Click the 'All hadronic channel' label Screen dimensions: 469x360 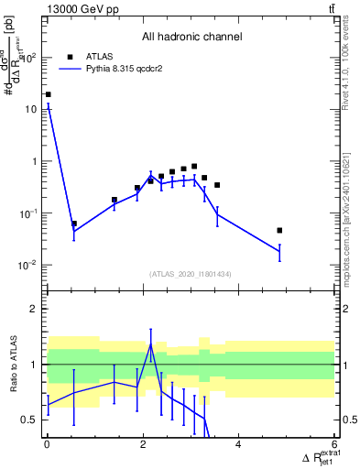[191, 38]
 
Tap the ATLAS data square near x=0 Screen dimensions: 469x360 [48, 94]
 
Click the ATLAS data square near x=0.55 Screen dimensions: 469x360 [73, 224]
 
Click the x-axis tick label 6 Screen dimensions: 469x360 [334, 444]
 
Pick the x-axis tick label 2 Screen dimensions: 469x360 [142, 444]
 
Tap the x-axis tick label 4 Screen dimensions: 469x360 [238, 444]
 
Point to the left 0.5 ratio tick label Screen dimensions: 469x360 [30, 420]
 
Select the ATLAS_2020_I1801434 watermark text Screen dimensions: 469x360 [191, 274]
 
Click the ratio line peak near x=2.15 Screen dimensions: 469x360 [150, 344]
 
